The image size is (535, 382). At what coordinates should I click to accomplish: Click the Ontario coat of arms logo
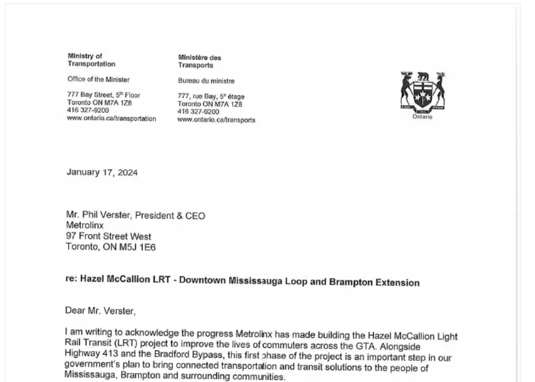pyautogui.click(x=422, y=91)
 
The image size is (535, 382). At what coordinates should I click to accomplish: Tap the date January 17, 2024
pyautogui.click(x=102, y=172)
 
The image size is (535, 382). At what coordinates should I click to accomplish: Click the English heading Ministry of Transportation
pyautogui.click(x=91, y=60)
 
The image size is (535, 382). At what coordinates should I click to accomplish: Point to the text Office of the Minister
pyautogui.click(x=99, y=79)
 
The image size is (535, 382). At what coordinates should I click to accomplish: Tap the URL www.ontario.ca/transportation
pyautogui.click(x=111, y=118)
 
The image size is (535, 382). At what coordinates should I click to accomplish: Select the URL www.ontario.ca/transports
pyautogui.click(x=216, y=120)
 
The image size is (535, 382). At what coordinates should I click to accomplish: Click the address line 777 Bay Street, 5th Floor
pyautogui.click(x=104, y=95)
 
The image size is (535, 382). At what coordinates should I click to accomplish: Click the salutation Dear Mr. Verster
pyautogui.click(x=100, y=311)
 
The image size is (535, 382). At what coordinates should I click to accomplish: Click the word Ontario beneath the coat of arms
pyautogui.click(x=422, y=116)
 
